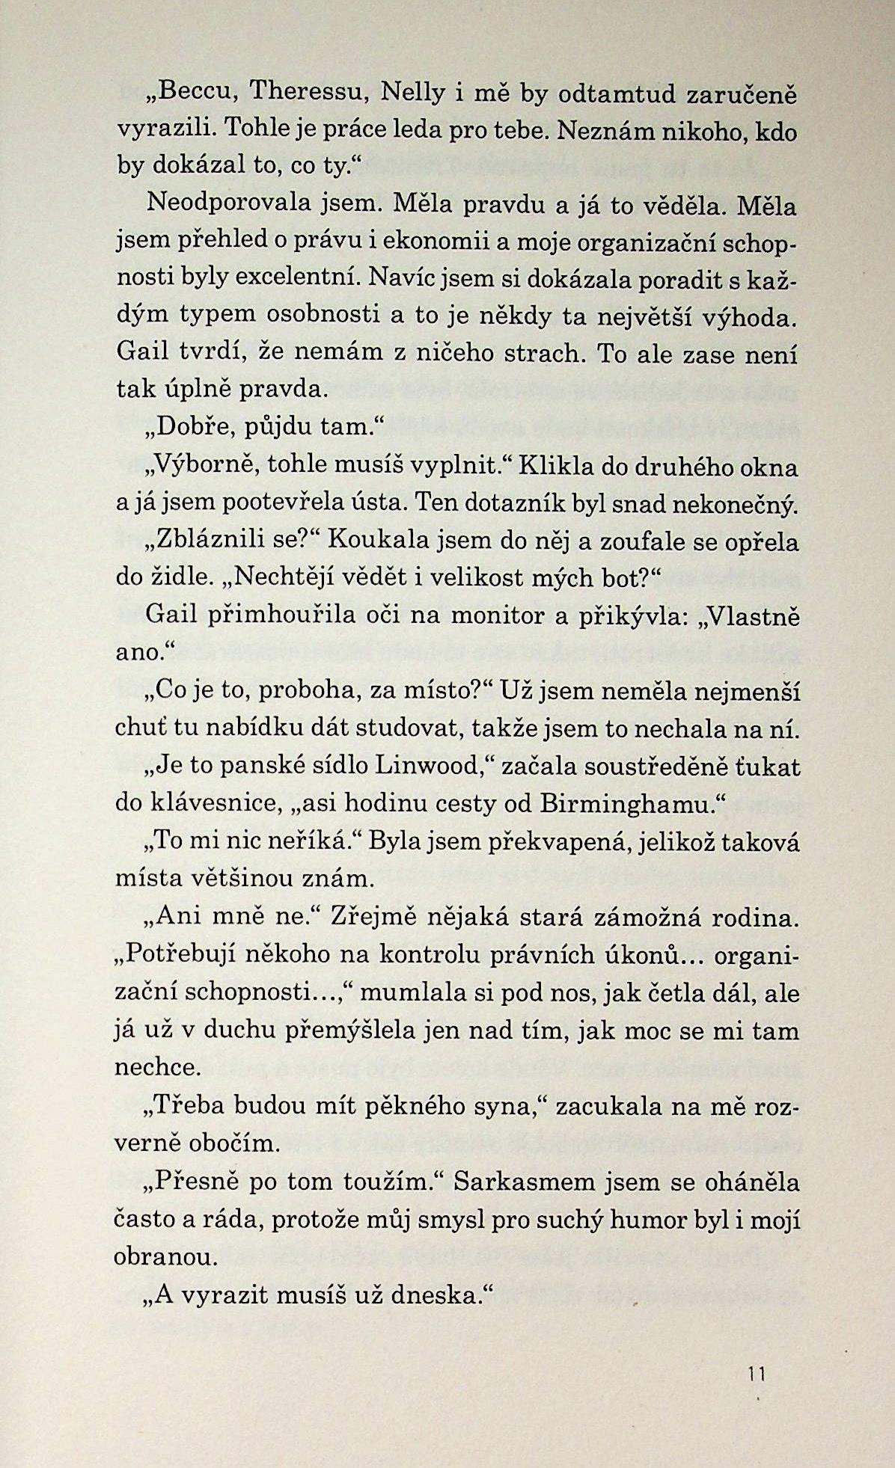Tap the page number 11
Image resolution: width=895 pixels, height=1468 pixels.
click(x=757, y=1374)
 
